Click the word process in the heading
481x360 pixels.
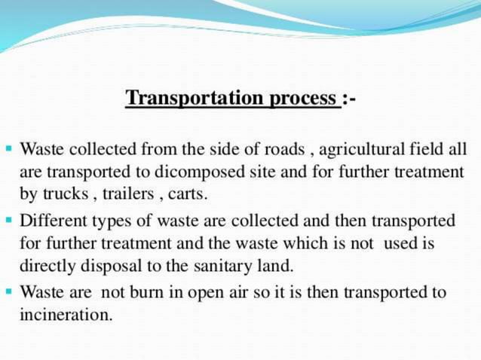coord(302,99)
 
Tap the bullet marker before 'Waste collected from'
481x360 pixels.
coord(8,148)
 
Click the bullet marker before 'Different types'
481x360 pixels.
coord(8,221)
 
